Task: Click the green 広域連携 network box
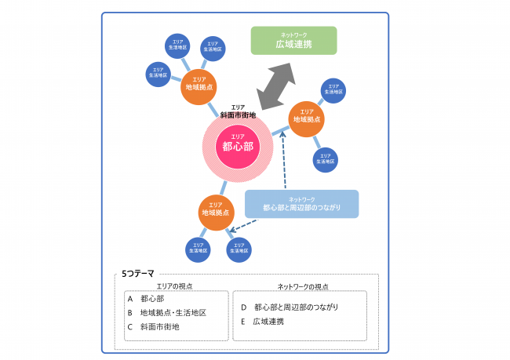(x=293, y=41)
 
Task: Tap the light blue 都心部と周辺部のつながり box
(x=301, y=203)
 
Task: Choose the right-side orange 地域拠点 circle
(x=306, y=118)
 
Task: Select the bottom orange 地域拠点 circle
(x=216, y=210)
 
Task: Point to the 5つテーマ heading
(x=138, y=274)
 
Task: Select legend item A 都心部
(x=147, y=299)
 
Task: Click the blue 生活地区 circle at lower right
(x=326, y=158)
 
